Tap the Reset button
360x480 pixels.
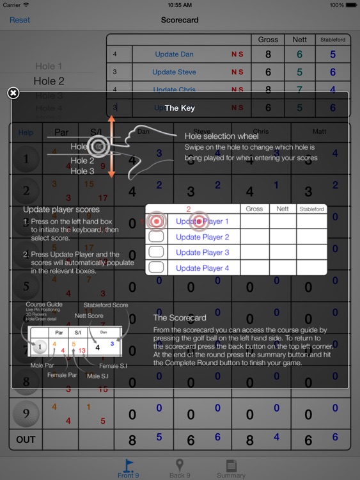[x=20, y=20]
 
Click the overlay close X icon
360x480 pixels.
[x=13, y=93]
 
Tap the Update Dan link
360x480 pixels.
[x=174, y=54]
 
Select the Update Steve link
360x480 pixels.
[x=174, y=72]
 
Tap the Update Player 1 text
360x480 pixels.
[x=202, y=221]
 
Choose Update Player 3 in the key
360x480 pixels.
[x=202, y=252]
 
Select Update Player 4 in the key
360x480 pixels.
[x=202, y=268]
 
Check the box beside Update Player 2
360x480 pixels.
[x=156, y=237]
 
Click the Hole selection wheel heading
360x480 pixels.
[x=221, y=136]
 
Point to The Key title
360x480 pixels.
[x=180, y=108]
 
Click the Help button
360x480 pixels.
[x=26, y=132]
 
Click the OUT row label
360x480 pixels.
[x=26, y=440]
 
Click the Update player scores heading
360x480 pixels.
[x=61, y=209]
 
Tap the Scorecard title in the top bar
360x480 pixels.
[x=180, y=20]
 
